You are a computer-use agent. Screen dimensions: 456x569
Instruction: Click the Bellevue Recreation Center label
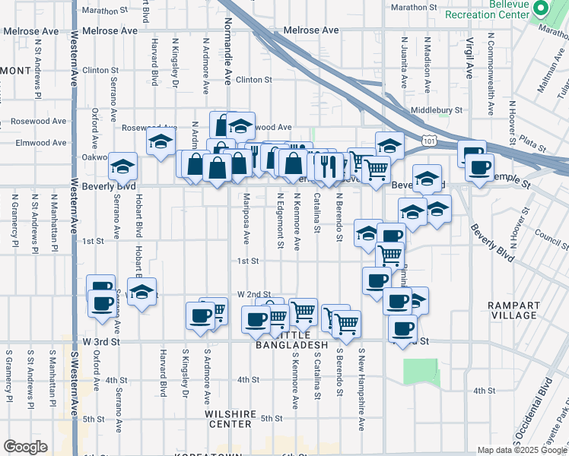point(486,10)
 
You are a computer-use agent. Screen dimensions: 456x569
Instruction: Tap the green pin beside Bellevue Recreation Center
point(541,8)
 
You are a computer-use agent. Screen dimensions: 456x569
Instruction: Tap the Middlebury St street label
point(436,110)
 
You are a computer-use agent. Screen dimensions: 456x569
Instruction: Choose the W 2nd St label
point(254,294)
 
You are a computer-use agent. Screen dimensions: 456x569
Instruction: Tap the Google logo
point(25,447)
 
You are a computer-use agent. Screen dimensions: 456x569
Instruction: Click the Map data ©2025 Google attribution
point(521,450)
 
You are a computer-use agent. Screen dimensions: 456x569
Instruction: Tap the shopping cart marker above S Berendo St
point(346,323)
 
